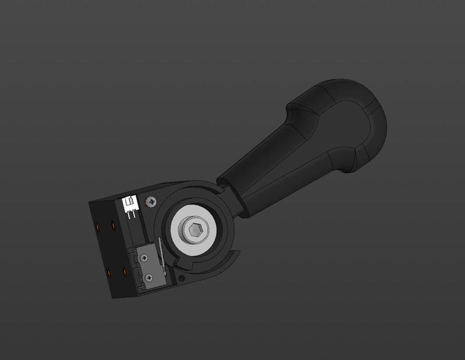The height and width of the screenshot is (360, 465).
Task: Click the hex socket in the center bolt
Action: [x=195, y=230]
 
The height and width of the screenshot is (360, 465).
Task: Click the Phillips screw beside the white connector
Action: [x=151, y=202]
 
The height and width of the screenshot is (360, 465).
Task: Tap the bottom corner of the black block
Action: [x=113, y=297]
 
